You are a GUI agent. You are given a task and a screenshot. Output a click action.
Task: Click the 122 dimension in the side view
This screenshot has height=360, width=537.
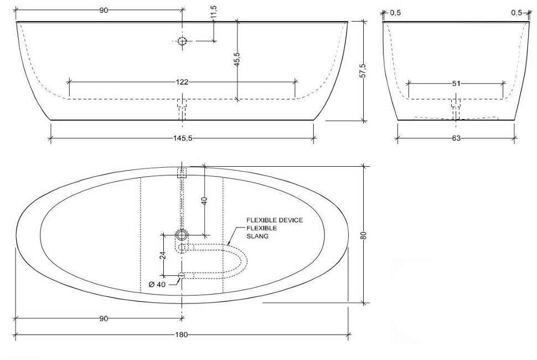(182, 82)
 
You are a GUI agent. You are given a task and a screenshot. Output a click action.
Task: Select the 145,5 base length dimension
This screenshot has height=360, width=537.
(182, 138)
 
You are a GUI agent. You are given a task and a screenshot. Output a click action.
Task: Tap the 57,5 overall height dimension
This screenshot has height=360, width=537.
(363, 70)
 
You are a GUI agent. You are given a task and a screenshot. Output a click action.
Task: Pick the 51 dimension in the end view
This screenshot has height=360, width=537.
(456, 83)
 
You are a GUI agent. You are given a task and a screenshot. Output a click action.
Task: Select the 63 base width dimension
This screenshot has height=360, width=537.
(456, 138)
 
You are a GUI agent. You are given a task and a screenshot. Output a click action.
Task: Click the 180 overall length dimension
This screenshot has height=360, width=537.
(182, 335)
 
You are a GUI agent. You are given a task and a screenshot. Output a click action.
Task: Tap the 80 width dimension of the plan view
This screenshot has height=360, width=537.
(363, 234)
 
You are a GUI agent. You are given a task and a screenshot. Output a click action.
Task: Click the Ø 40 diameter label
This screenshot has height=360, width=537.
(158, 284)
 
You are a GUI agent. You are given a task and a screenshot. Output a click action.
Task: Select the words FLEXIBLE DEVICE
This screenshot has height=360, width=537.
(275, 220)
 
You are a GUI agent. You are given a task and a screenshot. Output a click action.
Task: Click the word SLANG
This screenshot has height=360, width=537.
(257, 236)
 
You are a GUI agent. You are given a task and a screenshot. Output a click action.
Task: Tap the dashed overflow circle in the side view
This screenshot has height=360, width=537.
(182, 41)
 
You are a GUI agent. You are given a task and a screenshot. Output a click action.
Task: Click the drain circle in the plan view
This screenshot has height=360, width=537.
(182, 235)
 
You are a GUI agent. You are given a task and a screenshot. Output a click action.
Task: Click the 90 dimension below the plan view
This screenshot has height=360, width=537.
(104, 318)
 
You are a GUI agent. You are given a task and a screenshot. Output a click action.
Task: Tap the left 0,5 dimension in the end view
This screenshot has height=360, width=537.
(396, 12)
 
